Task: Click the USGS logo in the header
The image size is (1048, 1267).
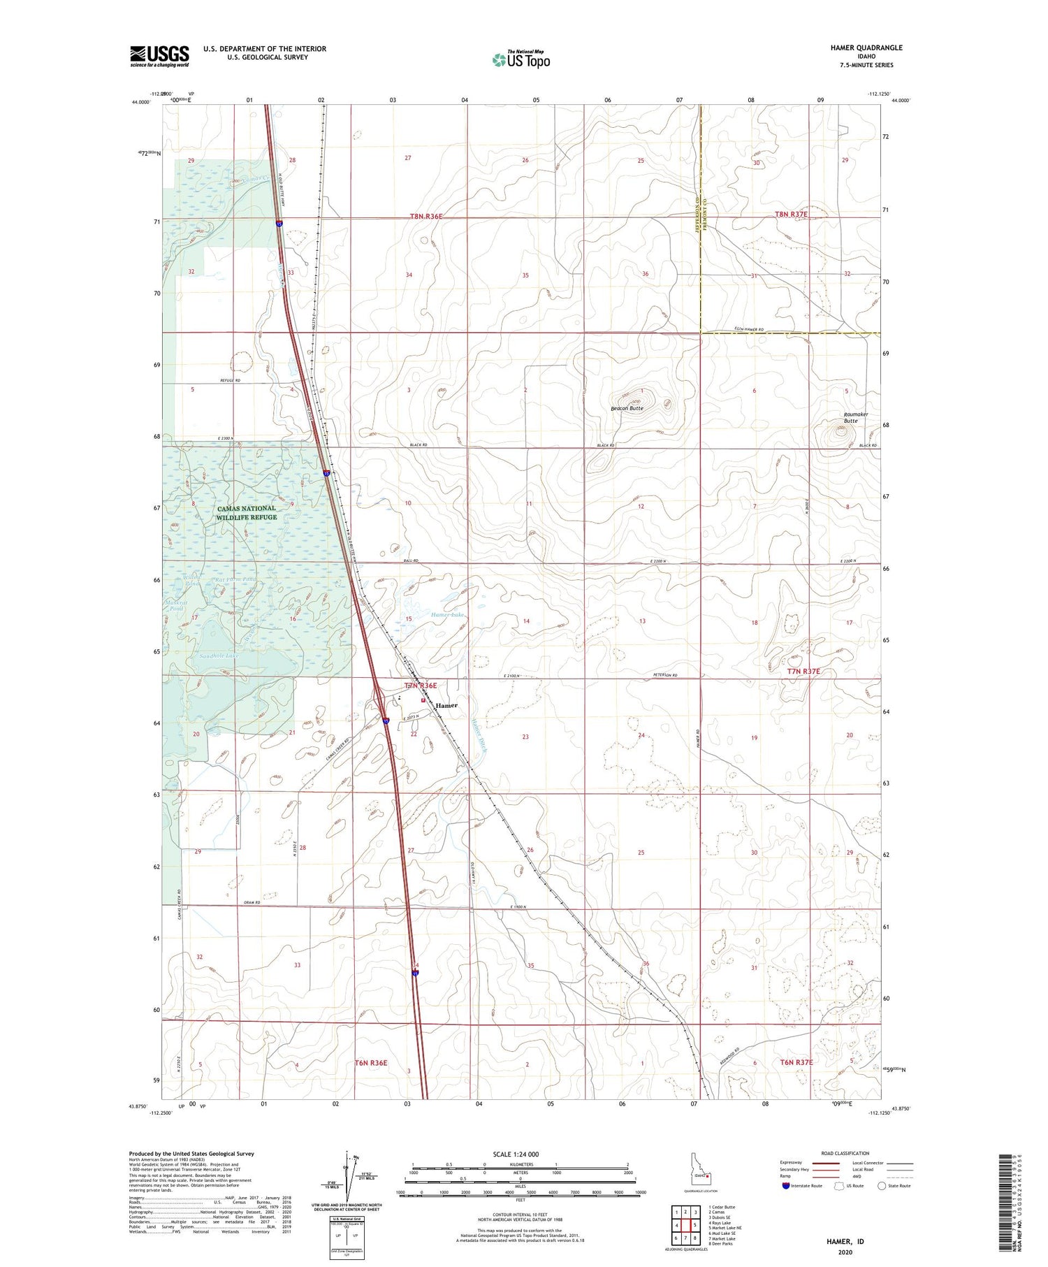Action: coord(159,56)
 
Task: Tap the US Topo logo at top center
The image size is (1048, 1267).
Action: coord(521,59)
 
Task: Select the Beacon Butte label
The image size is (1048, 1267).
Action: coord(627,408)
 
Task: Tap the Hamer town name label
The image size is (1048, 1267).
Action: coord(446,705)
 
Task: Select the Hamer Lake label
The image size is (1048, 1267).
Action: coord(448,614)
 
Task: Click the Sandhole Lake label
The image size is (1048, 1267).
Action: coord(219,656)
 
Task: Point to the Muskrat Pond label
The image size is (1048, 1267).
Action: coord(175,604)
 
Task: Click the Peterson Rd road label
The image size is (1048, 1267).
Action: coord(667,675)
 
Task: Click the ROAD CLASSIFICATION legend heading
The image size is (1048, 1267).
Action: coord(845,1153)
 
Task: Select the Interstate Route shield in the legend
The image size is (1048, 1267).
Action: coord(786,1186)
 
